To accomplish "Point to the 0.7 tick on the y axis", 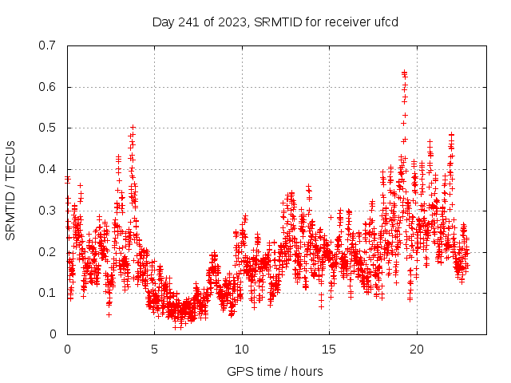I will pos(47,45).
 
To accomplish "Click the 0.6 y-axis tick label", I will pos(47,87).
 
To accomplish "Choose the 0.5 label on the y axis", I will pos(47,128).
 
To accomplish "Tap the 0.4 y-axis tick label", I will pos(47,169).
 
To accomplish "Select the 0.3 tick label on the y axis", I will pos(47,211).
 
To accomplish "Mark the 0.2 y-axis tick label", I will pos(47,252).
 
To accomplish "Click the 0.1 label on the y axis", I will pos(47,293).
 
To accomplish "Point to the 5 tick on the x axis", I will pos(155,349).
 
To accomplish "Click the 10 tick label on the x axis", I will pos(242,349).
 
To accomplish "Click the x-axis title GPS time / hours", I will pos(275,371).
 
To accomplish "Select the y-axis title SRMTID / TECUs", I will pos(11,190).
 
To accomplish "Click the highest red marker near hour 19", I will pos(404,73).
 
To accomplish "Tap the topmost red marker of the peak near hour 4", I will pos(133,127).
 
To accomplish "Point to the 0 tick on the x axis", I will pos(67,349).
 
